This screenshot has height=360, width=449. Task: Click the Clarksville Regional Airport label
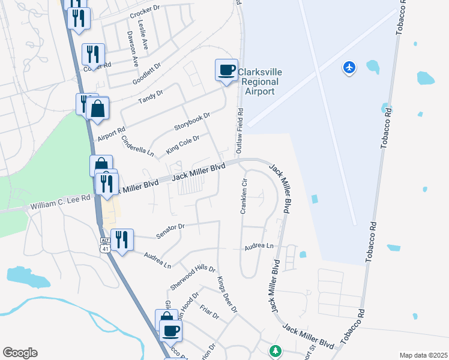point(258,82)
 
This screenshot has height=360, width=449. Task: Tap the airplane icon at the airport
point(349,67)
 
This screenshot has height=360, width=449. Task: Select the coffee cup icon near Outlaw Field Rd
point(226,70)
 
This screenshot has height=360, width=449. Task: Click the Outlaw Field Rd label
point(240,128)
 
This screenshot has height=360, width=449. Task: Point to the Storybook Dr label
point(192,121)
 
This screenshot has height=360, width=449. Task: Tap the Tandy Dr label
point(151,97)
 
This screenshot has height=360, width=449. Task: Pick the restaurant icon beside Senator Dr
point(122,240)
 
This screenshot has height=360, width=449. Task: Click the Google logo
point(20,353)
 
